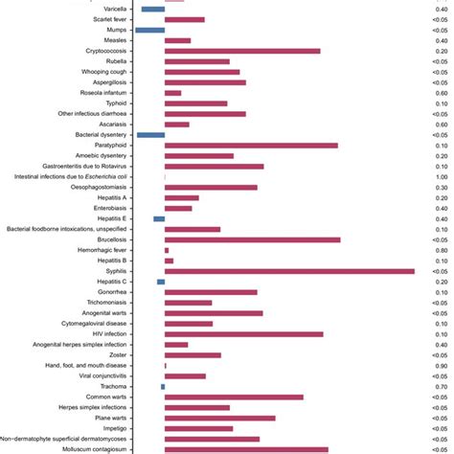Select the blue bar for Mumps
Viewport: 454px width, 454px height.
coord(150,30)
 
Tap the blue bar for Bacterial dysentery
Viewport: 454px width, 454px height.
coord(151,135)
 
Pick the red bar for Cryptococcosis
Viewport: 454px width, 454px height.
coord(242,51)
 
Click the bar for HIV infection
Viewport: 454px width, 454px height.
coord(244,334)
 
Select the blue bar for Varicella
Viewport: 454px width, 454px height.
coord(153,9)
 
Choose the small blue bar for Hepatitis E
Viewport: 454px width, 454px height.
coord(159,219)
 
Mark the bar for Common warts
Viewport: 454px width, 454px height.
coord(235,397)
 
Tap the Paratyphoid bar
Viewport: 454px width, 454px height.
coord(251,146)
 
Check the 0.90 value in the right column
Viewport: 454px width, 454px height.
coord(442,365)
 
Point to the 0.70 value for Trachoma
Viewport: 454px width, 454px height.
coord(442,386)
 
